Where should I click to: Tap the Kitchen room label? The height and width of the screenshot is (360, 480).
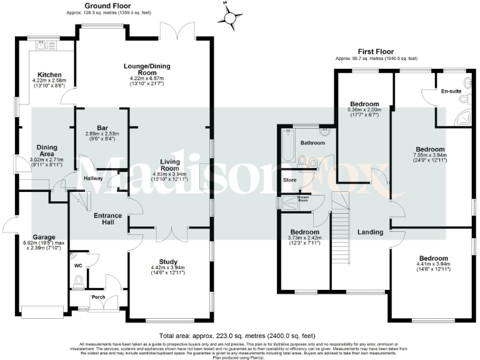[x=49, y=74]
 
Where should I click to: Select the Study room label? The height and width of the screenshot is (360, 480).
[x=170, y=262]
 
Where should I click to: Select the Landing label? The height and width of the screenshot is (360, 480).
[x=370, y=232]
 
